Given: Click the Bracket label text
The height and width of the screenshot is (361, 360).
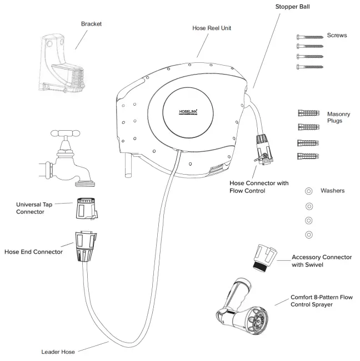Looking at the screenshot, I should point(92,24).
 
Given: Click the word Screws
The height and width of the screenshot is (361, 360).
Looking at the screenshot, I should point(337,36).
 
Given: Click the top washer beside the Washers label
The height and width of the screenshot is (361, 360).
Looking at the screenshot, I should point(309,191).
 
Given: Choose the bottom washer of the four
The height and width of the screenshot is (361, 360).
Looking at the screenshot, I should point(309,234).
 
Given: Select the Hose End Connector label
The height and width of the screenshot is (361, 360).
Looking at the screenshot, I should point(33,252).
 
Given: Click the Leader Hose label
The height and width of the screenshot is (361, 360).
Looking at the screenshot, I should point(58,351).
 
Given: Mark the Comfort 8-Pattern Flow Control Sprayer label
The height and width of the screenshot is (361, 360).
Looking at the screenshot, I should point(321,301).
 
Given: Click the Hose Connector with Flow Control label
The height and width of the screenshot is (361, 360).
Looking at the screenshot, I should point(258,186).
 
